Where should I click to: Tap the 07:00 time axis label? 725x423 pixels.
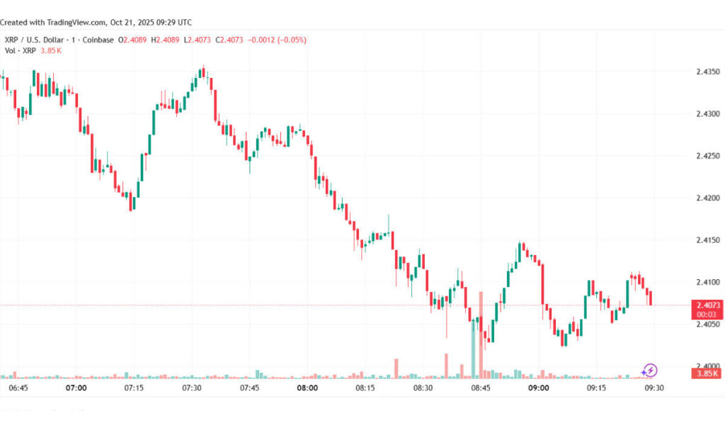pos(76,388)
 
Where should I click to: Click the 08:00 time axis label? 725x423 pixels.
pos(307,388)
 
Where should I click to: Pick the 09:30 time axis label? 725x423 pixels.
pos(653,388)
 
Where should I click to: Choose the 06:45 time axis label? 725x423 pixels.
pos(18,388)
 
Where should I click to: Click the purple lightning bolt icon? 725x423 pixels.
pos(649,370)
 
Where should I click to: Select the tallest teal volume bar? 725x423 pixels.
pos(473,347)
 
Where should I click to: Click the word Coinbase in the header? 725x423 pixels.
pos(96,40)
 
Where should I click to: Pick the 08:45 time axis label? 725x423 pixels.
pos(481,388)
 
